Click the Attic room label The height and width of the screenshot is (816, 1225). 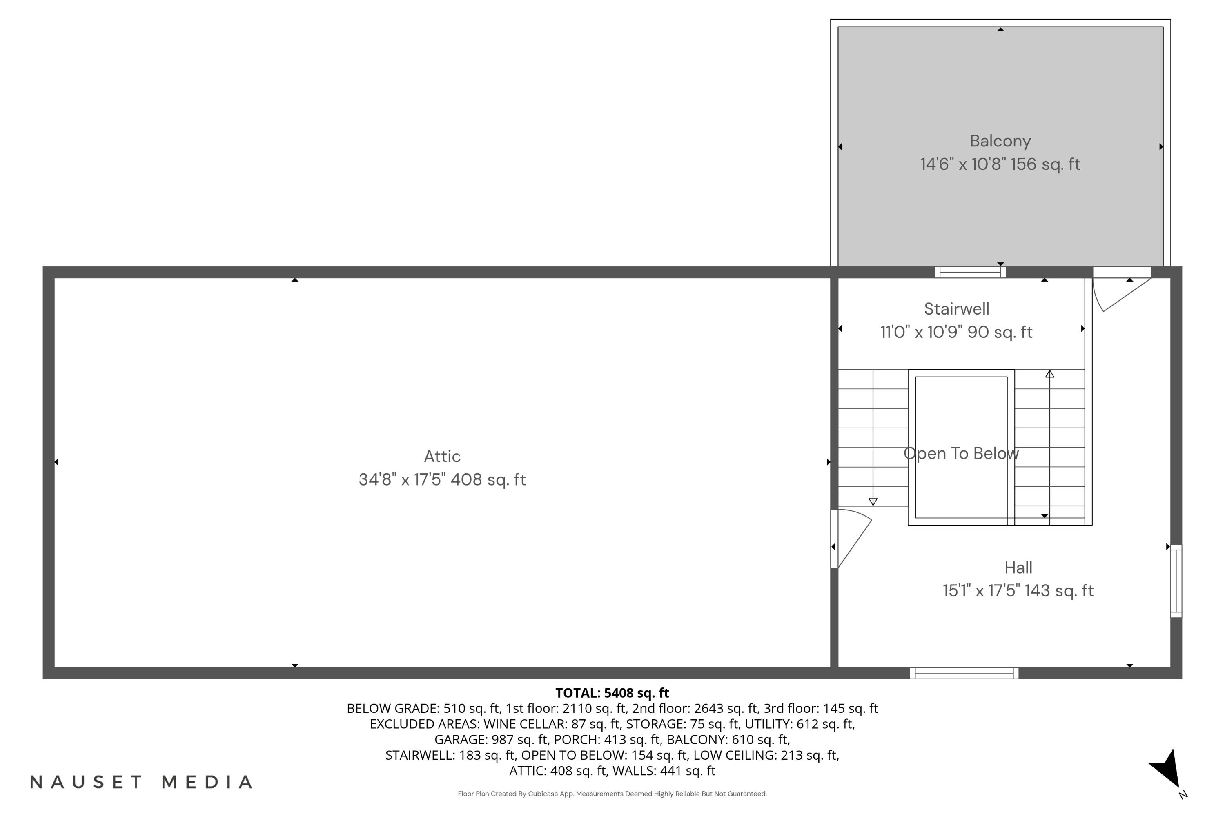[442, 457]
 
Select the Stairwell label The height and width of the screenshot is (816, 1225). [956, 309]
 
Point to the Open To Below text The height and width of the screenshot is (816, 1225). [961, 453]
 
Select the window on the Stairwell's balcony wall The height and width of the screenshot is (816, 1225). [970, 272]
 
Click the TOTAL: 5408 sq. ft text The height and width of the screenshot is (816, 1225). [612, 693]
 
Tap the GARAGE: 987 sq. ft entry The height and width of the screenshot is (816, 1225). [492, 739]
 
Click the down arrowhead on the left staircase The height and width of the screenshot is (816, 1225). [873, 502]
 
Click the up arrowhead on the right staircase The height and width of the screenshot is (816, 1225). [1049, 374]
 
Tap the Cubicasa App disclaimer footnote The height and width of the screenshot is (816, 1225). [612, 794]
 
